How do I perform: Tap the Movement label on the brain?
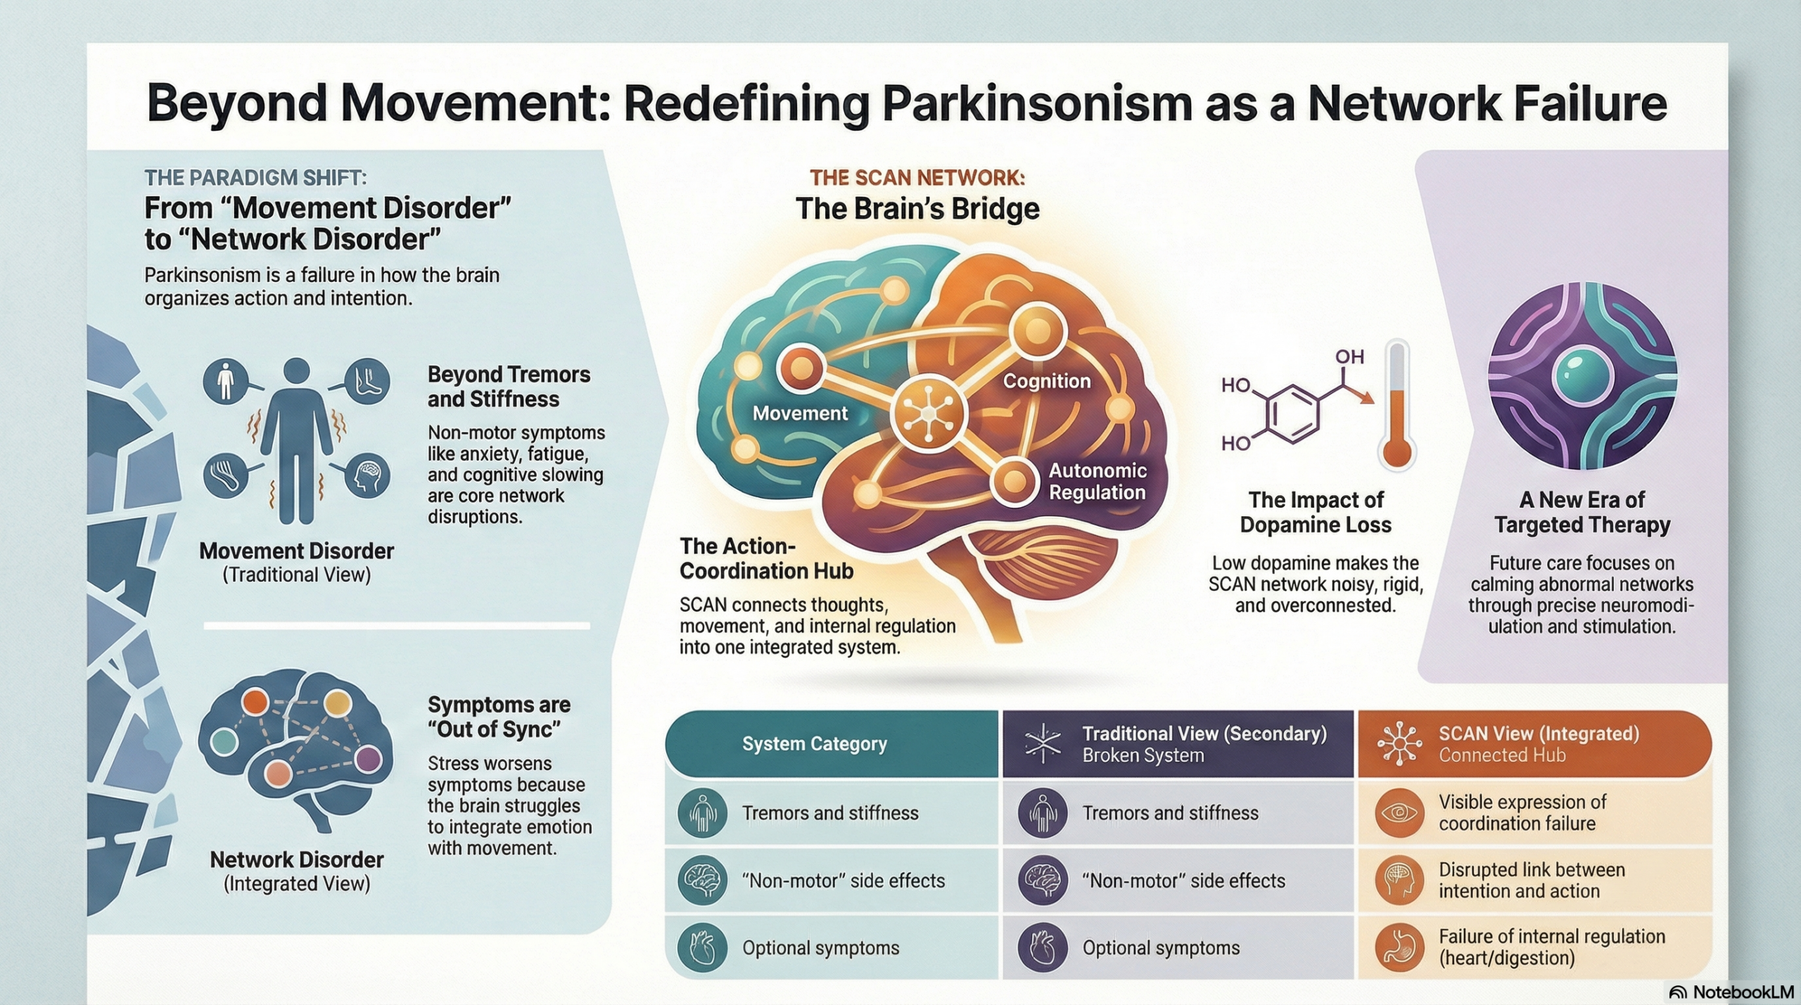click(800, 413)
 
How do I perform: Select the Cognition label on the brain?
click(1046, 381)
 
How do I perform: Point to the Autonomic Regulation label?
click(1097, 481)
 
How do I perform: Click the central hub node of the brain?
click(929, 413)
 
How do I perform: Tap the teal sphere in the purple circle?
click(1582, 376)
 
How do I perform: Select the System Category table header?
click(814, 743)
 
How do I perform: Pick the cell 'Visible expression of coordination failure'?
click(1522, 812)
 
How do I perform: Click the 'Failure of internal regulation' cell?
click(1551, 947)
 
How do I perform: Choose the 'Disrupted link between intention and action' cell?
click(1532, 880)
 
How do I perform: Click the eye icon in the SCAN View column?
click(1399, 813)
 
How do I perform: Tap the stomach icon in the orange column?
click(1399, 947)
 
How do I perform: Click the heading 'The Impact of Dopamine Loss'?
click(1315, 512)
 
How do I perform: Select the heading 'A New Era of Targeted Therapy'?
click(1582, 512)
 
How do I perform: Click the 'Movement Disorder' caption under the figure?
click(296, 551)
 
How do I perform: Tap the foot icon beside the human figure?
click(367, 382)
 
